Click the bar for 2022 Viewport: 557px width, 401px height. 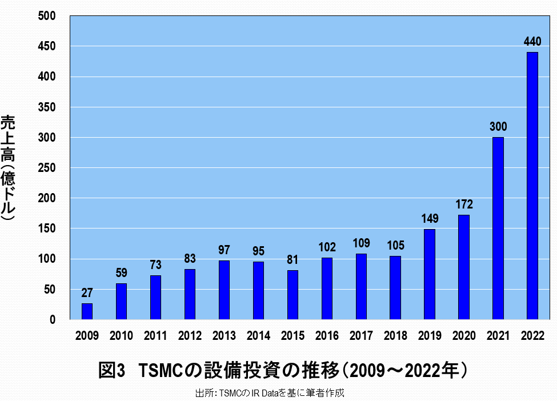click(x=532, y=186)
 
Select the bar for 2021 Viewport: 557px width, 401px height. click(x=498, y=228)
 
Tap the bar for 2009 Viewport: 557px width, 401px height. click(x=87, y=311)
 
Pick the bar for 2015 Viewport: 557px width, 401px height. click(x=292, y=295)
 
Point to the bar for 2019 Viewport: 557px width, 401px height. click(x=430, y=274)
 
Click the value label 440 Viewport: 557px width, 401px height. click(x=532, y=42)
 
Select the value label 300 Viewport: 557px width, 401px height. click(x=498, y=127)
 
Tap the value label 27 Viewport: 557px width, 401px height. click(x=87, y=293)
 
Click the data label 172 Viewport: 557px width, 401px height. click(x=464, y=204)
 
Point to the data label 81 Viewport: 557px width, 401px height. click(x=292, y=260)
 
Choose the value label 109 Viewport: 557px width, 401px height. click(x=361, y=243)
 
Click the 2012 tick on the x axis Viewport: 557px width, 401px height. click(x=190, y=336)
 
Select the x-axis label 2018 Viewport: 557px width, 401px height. click(x=395, y=336)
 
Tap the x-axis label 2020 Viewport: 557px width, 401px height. click(x=464, y=336)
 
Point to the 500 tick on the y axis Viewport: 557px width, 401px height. click(x=47, y=16)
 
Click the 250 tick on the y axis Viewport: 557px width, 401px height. click(x=47, y=168)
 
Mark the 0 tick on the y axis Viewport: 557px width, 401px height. click(x=52, y=320)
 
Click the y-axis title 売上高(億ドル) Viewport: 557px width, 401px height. click(x=8, y=168)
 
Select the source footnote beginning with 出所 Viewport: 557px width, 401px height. click(x=270, y=393)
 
